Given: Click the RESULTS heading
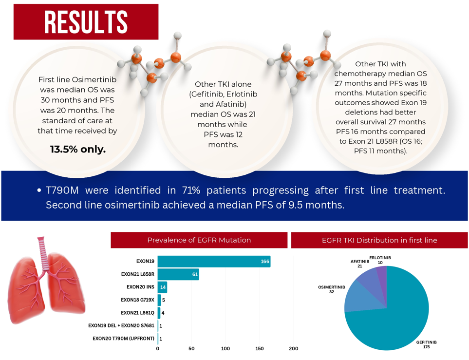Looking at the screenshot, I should point(85,22).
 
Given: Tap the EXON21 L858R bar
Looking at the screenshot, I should point(178,275).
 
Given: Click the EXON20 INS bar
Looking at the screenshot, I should point(162,287).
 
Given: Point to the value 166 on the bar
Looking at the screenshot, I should point(265,262).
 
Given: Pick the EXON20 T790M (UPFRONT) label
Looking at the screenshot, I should point(123,339).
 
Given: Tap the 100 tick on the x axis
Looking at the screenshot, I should point(225,349).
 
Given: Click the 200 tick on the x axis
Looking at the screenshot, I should point(293,349).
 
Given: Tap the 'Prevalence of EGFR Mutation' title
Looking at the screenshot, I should point(199,240).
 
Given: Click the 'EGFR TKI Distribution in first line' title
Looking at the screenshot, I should point(379,240).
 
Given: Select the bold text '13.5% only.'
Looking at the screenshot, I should point(78,149).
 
